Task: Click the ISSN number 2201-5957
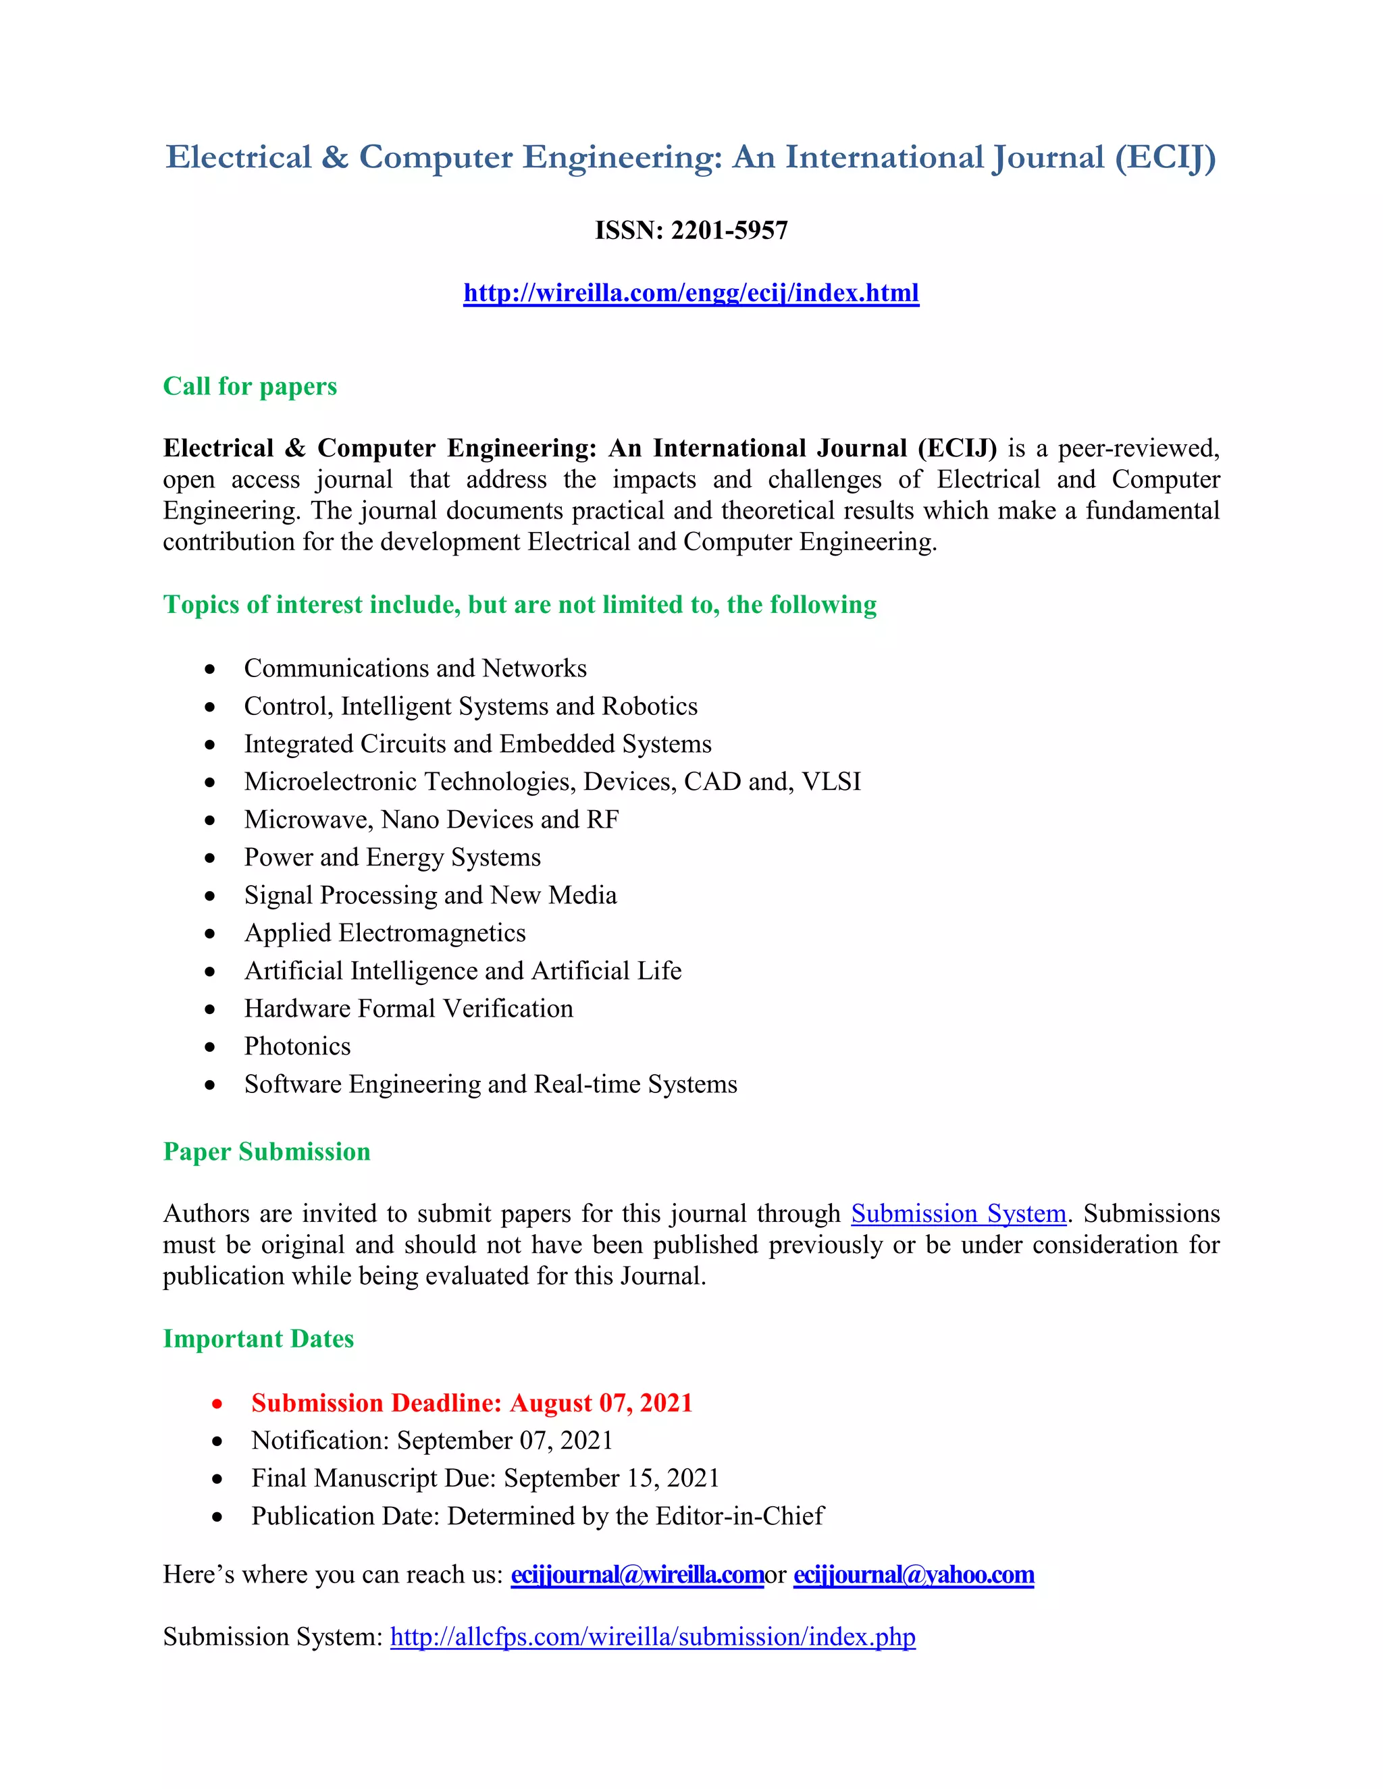pyautogui.click(x=729, y=230)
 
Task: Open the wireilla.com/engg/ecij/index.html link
pyautogui.click(x=691, y=292)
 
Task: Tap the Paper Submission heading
pyautogui.click(x=266, y=1151)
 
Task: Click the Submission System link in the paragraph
pyautogui.click(x=959, y=1213)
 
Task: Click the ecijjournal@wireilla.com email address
pyautogui.click(x=637, y=1574)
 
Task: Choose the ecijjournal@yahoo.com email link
pyautogui.click(x=914, y=1574)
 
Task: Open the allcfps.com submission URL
pyautogui.click(x=653, y=1636)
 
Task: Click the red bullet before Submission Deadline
pyautogui.click(x=217, y=1404)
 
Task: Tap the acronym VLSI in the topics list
pyautogui.click(x=831, y=782)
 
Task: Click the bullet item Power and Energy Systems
pyautogui.click(x=392, y=857)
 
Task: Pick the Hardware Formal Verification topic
pyautogui.click(x=409, y=1009)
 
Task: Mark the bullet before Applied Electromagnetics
pyautogui.click(x=211, y=934)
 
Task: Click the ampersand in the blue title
pyautogui.click(x=335, y=157)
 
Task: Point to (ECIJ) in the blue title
pyautogui.click(x=1165, y=157)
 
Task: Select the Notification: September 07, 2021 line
pyautogui.click(x=432, y=1440)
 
